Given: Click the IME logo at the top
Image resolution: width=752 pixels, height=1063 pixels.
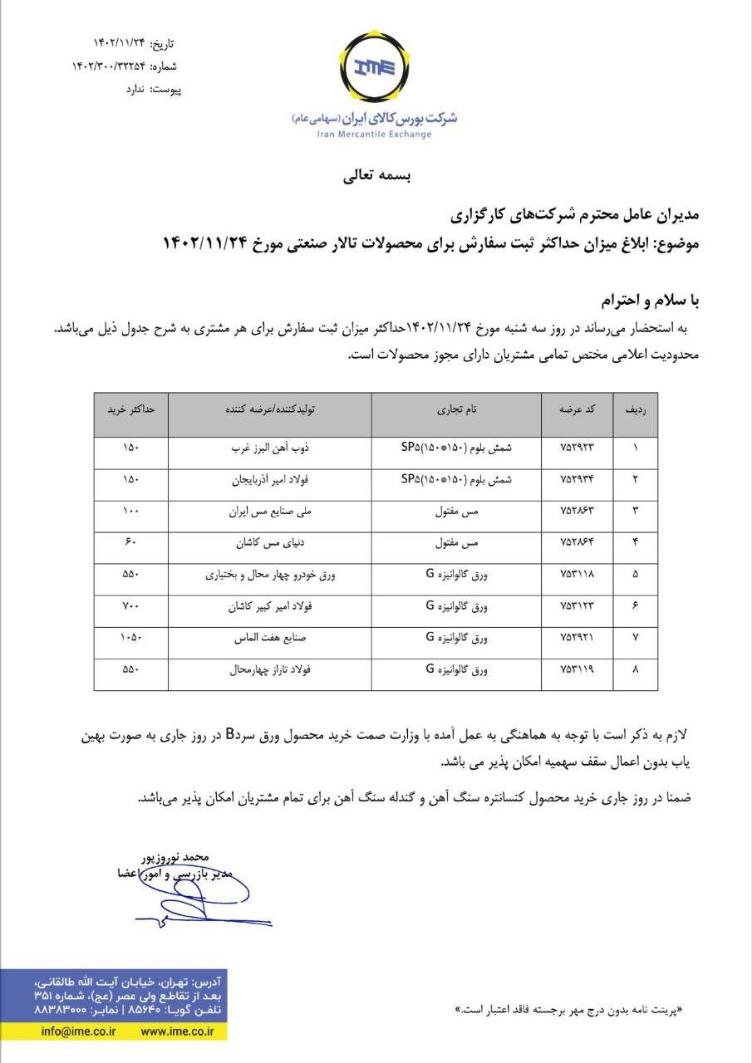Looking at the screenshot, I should [376, 70].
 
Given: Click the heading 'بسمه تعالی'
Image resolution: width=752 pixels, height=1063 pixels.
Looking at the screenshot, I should [376, 176].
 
